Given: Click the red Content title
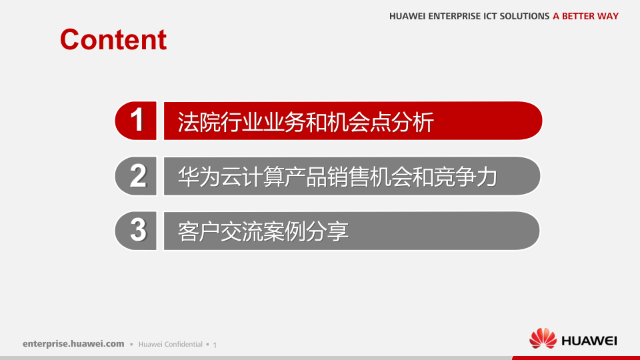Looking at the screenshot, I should pos(113,39).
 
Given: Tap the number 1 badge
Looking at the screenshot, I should pos(137,121).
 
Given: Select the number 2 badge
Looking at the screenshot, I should pos(137,176).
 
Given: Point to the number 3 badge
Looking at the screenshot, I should pos(137,231).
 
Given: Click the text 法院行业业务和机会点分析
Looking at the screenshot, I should pos(305,122).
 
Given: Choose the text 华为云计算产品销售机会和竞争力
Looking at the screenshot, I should pos(337,177).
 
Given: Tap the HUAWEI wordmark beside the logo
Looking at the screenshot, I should pos(589,341).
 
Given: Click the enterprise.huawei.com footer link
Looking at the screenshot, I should pos(73,344).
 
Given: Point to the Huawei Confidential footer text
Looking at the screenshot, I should pos(170,345).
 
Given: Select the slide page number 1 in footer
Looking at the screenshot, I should pos(215,345).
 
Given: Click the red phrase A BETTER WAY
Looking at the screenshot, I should pos(585,16).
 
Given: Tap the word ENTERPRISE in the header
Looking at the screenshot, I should pos(452,16).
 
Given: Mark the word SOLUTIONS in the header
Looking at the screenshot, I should pos(524,16).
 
